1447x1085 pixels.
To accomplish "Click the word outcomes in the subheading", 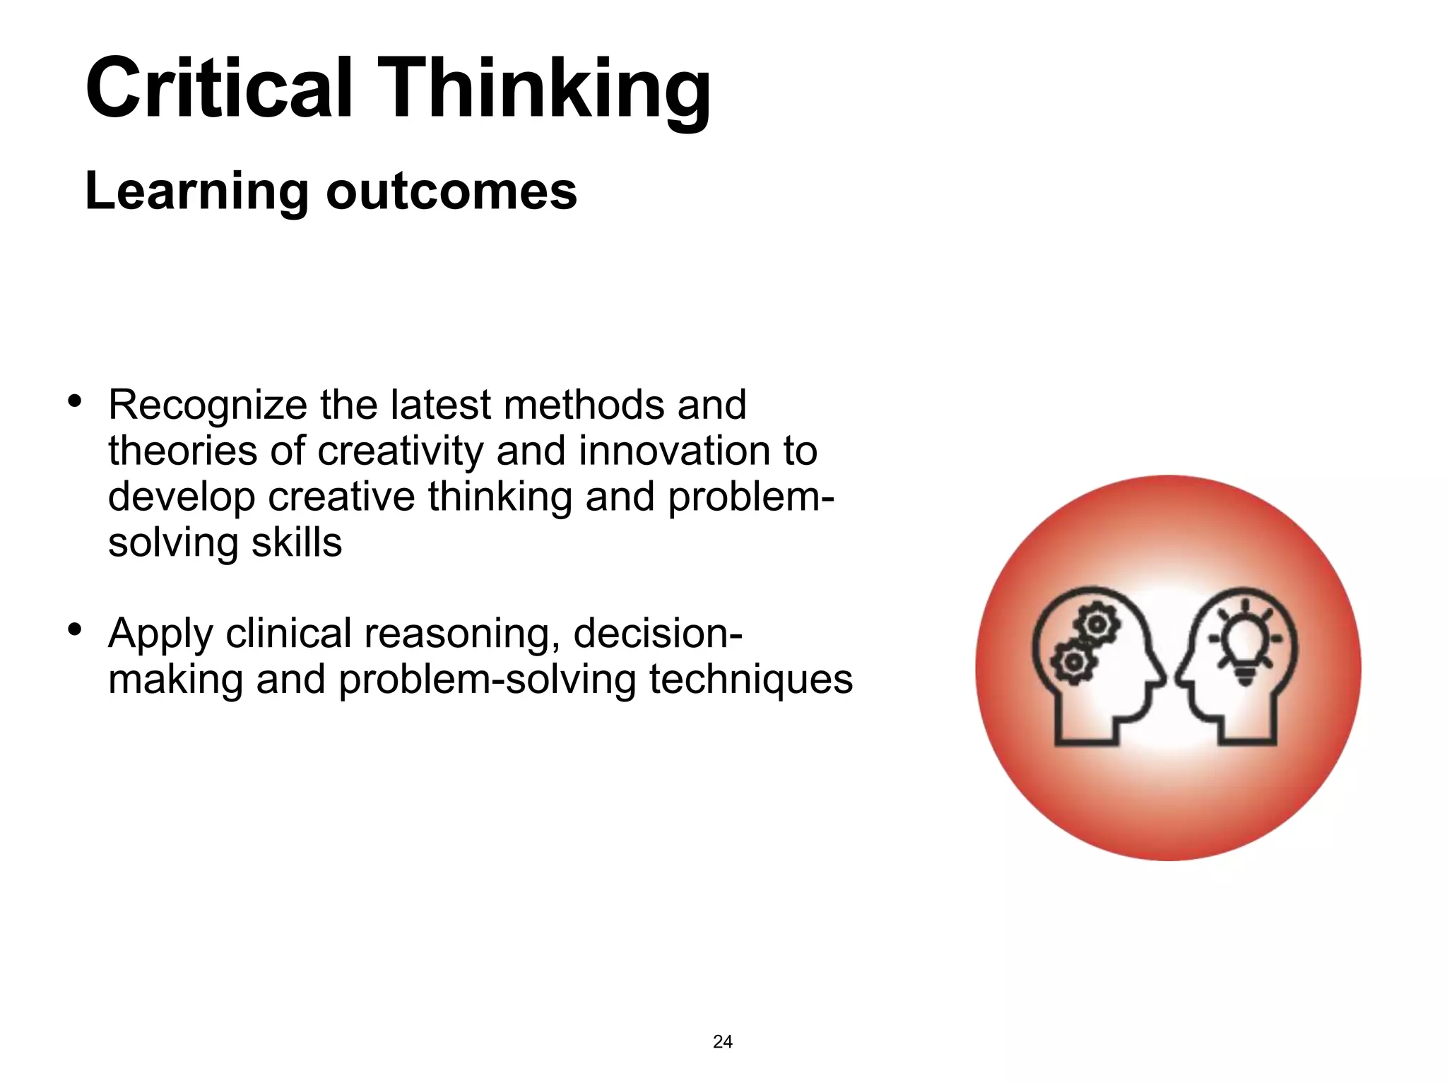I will coord(451,191).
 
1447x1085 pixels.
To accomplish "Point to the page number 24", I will coord(723,1042).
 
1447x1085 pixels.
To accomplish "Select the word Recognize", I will coord(207,405).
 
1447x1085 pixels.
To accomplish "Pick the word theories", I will coord(182,451).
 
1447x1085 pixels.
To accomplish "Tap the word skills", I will coord(296,542).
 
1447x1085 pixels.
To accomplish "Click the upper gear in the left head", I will coord(1097,623).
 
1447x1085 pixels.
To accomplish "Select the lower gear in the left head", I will coord(1073,662).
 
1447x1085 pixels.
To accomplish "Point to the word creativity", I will coord(400,452).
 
